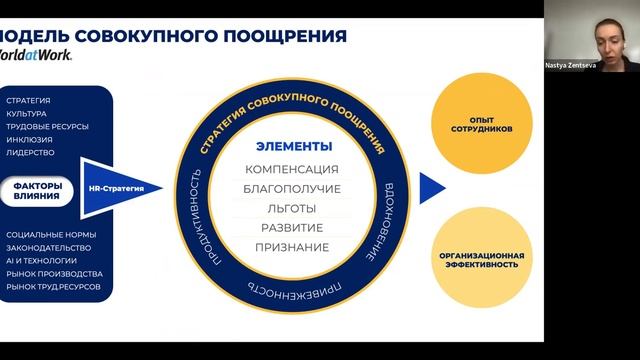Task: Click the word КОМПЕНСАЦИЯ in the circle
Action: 292,169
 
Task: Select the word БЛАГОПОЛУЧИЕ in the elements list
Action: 292,188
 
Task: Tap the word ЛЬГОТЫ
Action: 292,208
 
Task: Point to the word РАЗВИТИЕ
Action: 292,227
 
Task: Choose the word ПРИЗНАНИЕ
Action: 292,246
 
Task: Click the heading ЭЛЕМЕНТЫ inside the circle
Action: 292,145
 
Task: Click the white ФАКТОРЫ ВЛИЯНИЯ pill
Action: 38,190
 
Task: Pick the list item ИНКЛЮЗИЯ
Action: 29,140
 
